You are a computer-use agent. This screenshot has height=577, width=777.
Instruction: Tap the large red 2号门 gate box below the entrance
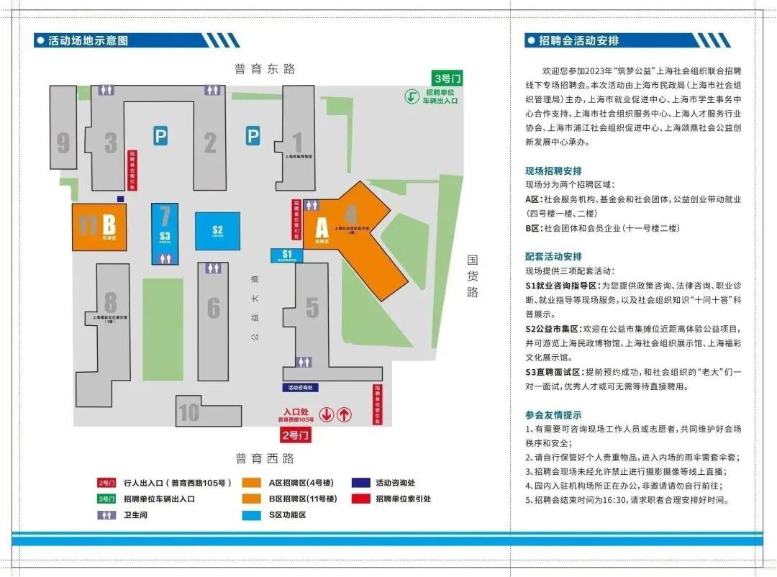(x=296, y=435)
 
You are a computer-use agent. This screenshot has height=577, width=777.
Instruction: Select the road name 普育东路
(x=264, y=69)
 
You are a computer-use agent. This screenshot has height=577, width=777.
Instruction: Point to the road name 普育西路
(x=264, y=458)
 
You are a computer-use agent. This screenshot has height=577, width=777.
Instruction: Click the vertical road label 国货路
(x=473, y=276)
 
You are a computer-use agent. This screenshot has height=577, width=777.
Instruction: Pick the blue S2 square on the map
(x=218, y=231)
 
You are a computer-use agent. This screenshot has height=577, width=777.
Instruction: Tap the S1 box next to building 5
(x=287, y=255)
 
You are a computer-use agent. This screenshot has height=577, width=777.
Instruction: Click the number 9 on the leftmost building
(x=63, y=142)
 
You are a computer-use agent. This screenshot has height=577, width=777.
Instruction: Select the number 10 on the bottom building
(x=188, y=413)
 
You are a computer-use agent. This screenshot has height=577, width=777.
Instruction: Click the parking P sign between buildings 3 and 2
(x=160, y=135)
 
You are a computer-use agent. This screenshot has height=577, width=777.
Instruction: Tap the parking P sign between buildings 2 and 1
(x=253, y=135)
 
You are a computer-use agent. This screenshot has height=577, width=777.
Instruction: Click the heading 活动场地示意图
(x=88, y=41)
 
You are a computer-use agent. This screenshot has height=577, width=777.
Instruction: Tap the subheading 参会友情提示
(x=553, y=415)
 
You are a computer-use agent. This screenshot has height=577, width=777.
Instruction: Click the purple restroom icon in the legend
(x=106, y=515)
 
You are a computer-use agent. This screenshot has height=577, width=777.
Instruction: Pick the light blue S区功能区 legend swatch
(x=252, y=515)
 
